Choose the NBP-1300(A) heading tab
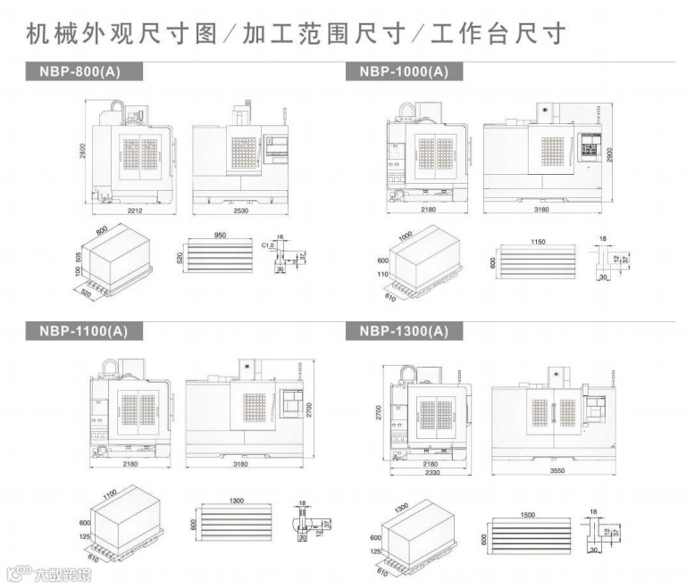tap(404, 331)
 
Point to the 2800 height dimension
tap(83, 152)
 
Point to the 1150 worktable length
tap(537, 242)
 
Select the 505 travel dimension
tap(79, 260)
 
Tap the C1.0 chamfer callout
tap(266, 244)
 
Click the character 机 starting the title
tap(38, 35)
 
